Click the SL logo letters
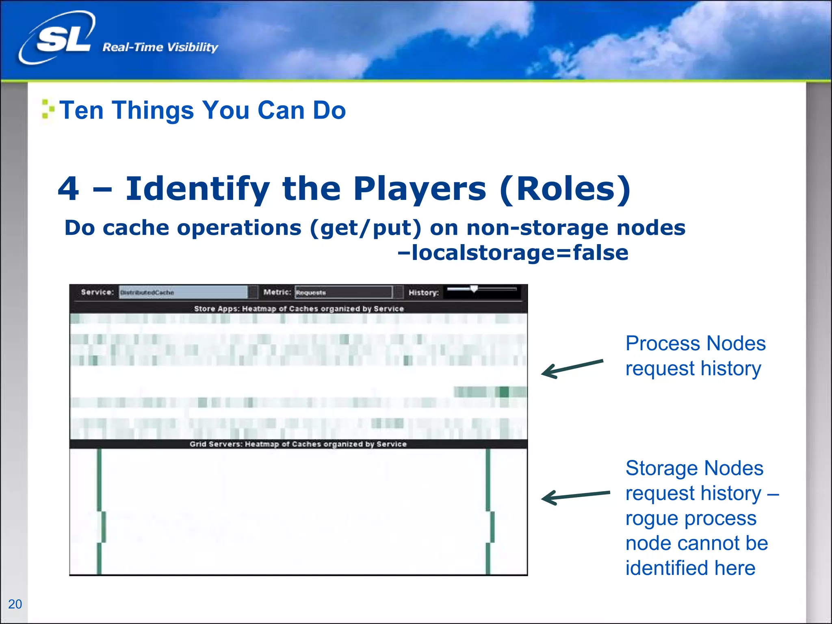pos(63,40)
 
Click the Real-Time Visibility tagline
pos(160,48)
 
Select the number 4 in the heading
pos(68,188)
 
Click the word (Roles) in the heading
pos(565,189)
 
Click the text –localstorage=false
pos(513,253)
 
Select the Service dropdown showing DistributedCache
pos(183,292)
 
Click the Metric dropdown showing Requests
pos(343,292)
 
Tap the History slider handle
pos(474,289)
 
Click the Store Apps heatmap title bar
pos(299,309)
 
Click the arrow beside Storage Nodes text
pos(575,496)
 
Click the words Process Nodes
pos(695,344)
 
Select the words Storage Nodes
pos(694,468)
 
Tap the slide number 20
pos(15,604)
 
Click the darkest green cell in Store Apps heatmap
pos(504,392)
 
